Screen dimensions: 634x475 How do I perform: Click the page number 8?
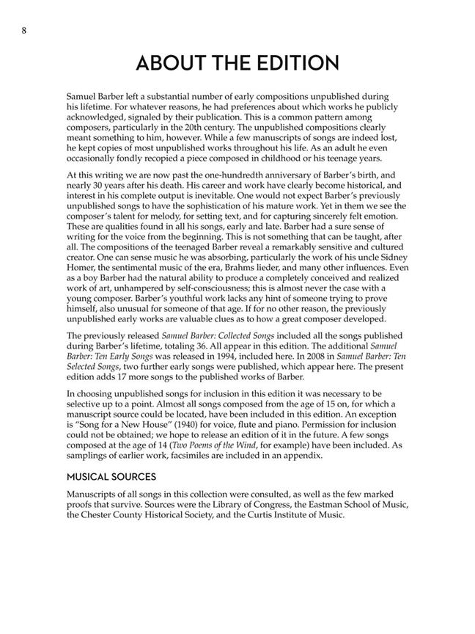click(25, 30)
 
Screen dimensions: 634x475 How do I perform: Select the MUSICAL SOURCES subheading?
click(130, 476)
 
